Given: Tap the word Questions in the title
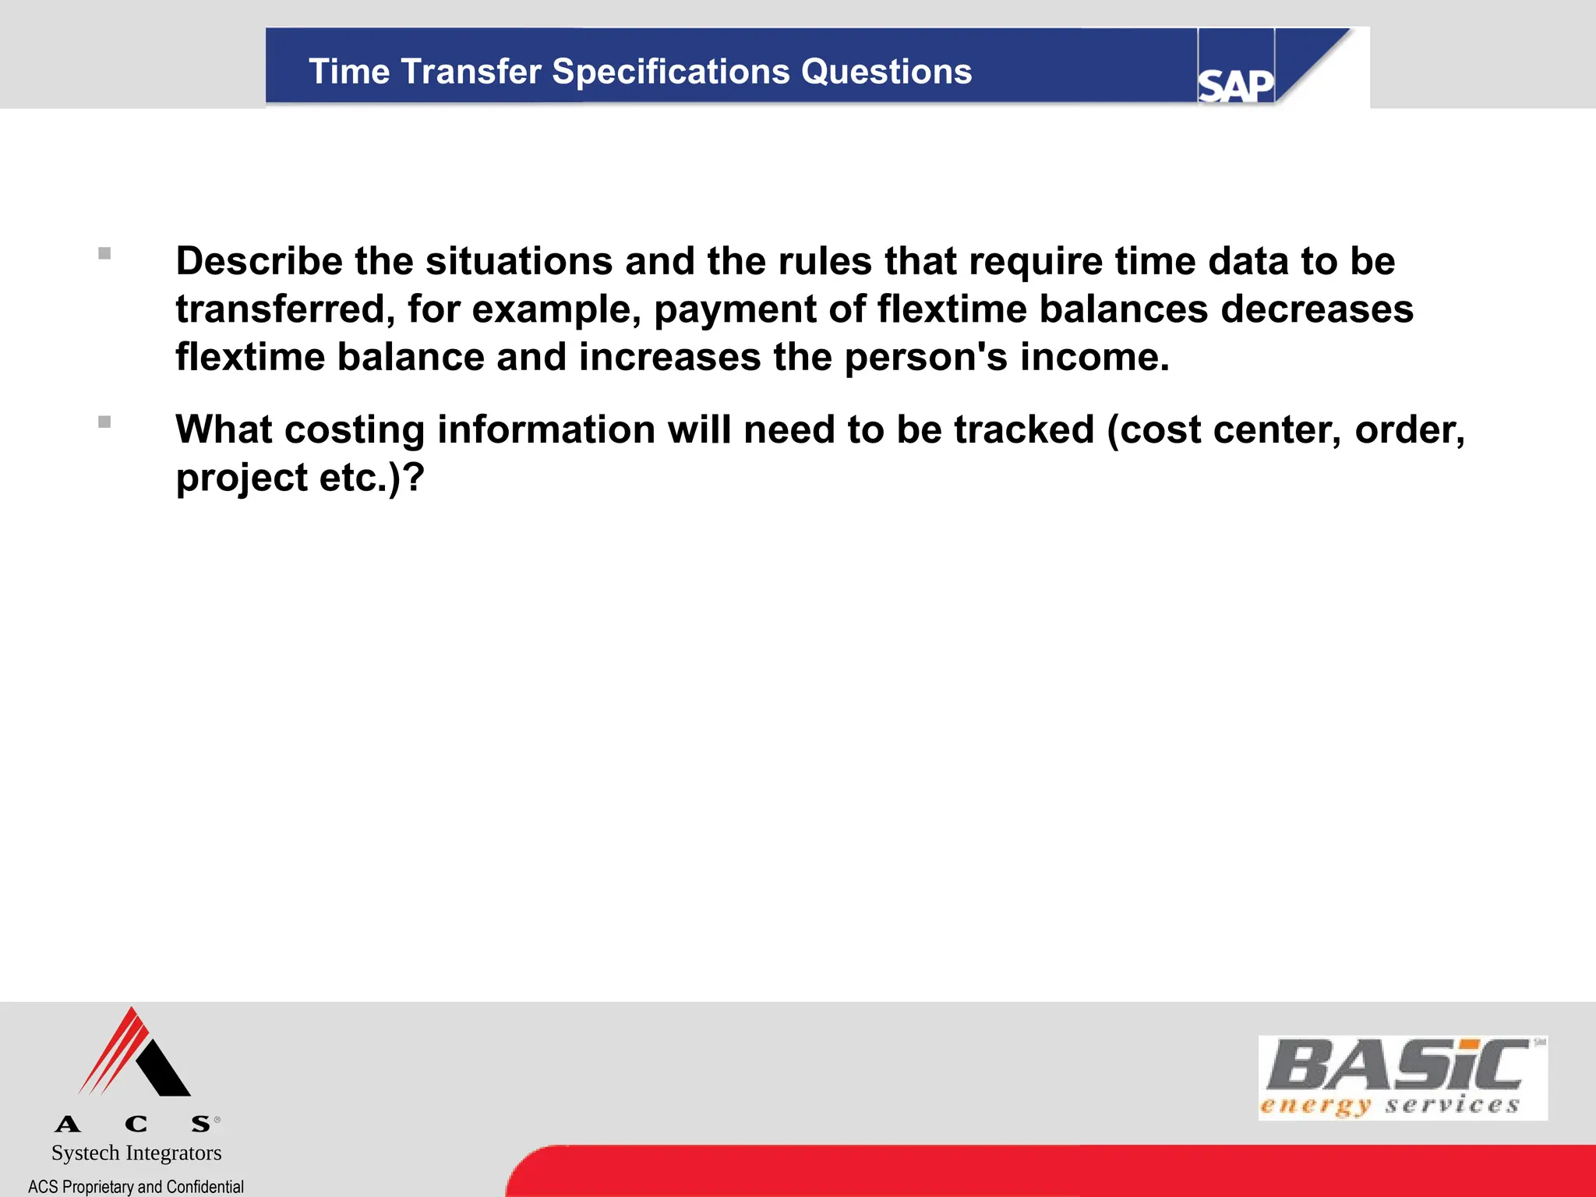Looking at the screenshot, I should tap(886, 72).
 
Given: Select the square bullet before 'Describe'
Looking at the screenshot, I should tap(104, 253).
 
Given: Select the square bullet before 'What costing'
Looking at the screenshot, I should tap(104, 422).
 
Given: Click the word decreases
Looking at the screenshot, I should tap(1316, 309).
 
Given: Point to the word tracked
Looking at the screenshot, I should tap(1024, 429).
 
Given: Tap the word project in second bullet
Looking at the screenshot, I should tap(242, 478).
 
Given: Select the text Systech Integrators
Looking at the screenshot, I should tap(136, 1153).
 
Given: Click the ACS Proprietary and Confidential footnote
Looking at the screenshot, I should tap(136, 1186).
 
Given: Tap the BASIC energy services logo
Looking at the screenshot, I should tap(1402, 1078).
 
